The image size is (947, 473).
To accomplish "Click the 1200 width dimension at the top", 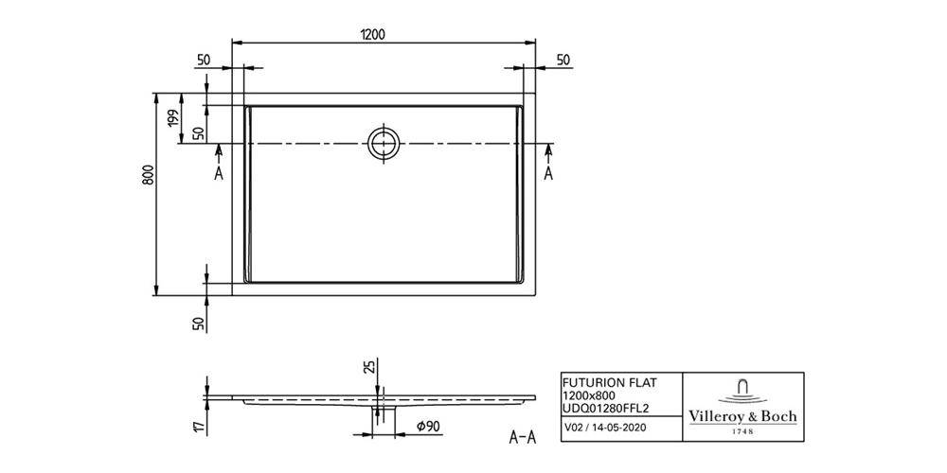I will coord(372,34).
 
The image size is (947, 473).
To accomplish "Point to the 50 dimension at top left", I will coord(203,60).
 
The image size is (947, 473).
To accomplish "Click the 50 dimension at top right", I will coord(563,60).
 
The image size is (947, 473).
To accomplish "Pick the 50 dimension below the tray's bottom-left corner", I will coord(199,324).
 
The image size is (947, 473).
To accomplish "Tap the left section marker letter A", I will coord(219,174).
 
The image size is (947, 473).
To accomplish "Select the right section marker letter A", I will coord(548,174).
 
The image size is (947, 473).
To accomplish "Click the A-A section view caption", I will coord(524,438).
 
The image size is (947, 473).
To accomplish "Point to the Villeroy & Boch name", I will coord(741,416).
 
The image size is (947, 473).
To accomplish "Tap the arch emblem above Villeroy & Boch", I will coord(741,389).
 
